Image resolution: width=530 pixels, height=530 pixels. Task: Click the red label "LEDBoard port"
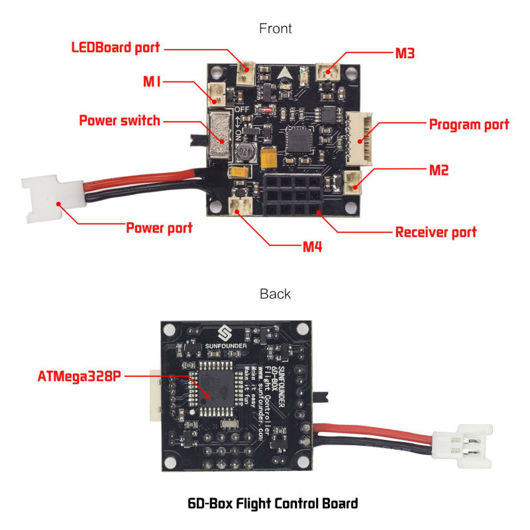click(115, 48)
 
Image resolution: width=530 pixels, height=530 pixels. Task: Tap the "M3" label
click(405, 54)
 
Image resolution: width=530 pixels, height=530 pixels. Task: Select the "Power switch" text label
click(119, 121)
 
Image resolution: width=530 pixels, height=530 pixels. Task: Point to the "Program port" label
click(469, 125)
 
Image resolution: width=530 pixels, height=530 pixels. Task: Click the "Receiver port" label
click(436, 232)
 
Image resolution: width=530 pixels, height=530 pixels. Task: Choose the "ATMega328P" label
click(79, 376)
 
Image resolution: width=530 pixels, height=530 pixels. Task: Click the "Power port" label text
click(159, 228)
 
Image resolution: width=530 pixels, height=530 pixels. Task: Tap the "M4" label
click(313, 247)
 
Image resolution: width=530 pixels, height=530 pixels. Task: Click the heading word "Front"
click(276, 28)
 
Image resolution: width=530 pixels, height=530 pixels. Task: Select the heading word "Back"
click(275, 293)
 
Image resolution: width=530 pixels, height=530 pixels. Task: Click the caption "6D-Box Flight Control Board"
click(273, 503)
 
